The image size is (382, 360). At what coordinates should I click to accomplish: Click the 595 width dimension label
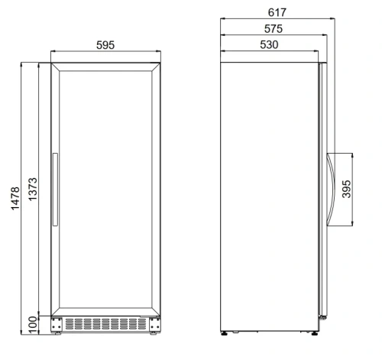pyautogui.click(x=105, y=45)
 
